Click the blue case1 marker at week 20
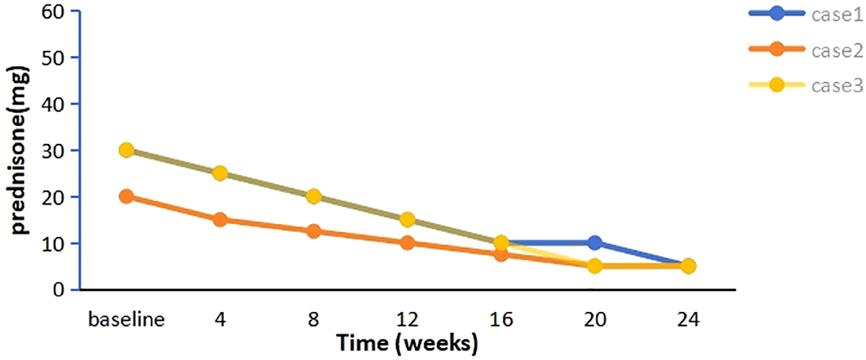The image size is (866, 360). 594,243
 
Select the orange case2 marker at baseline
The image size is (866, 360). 126,196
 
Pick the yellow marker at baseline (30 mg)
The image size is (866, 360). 126,150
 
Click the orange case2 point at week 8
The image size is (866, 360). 313,231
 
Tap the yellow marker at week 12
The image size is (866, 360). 407,220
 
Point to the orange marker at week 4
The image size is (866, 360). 220,220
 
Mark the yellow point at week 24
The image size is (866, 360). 688,266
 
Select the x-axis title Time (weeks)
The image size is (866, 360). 407,342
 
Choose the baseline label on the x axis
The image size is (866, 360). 126,320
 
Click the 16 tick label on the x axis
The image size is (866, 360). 501,320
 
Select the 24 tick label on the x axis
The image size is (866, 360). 688,320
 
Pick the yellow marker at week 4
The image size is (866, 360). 220,173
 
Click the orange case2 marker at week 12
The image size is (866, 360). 407,242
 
